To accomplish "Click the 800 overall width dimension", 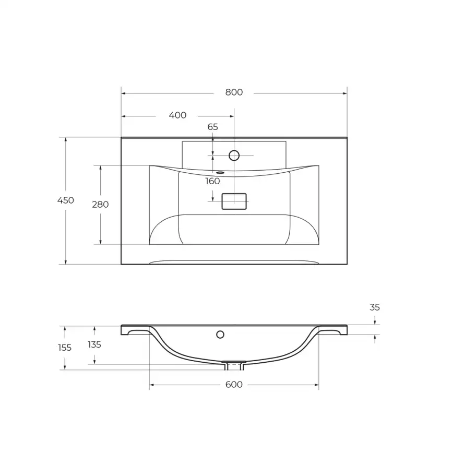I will pos(234,92).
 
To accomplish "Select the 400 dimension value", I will pos(177,115).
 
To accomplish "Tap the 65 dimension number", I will pos(212,127).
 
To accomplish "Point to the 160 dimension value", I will pos(212,182).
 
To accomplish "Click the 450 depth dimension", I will pos(66,200).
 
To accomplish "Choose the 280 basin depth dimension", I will pos(100,205).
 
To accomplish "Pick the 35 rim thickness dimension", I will pos(375,307).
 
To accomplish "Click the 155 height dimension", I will pos(65,348).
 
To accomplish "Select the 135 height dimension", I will pos(94,344).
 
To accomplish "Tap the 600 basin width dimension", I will pos(234,385).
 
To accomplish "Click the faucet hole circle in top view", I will pos(234,155).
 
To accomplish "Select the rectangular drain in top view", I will pos(234,201).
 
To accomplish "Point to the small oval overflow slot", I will pos(220,172).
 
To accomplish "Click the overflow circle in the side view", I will pos(220,334).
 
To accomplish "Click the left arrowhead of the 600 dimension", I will pos(151,385).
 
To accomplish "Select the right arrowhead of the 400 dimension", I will pos(232,116).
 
